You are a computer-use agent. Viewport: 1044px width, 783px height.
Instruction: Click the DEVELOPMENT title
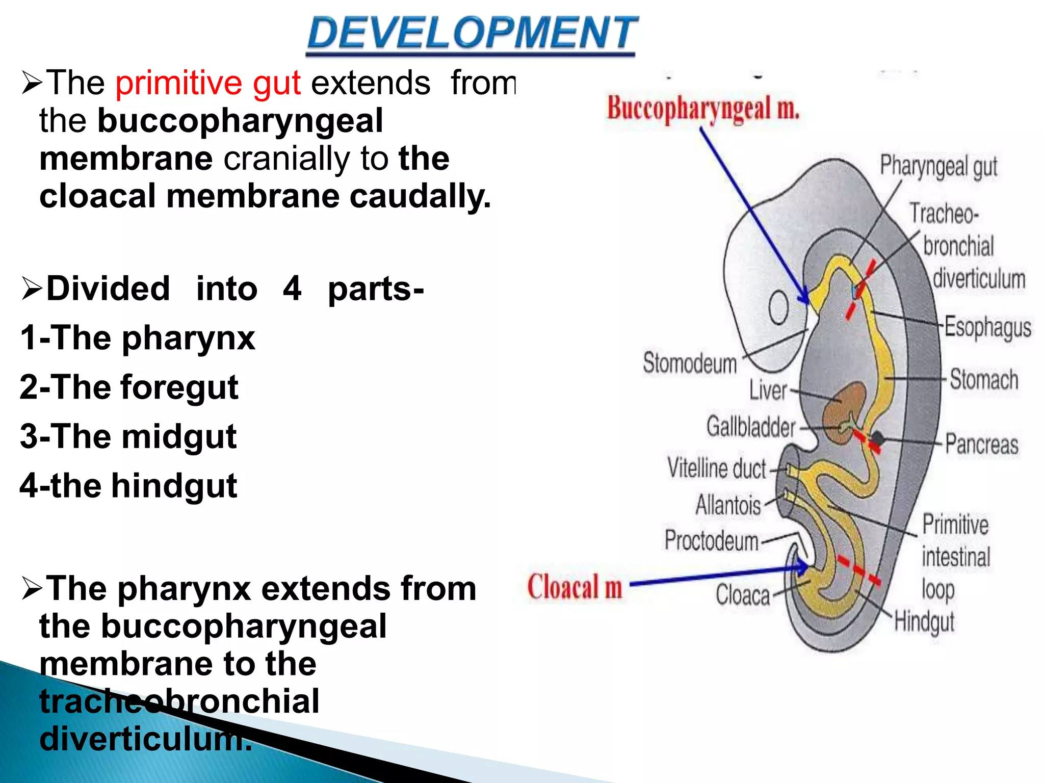pyautogui.click(x=472, y=33)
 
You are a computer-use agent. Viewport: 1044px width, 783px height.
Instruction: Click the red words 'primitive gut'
pyautogui.click(x=208, y=83)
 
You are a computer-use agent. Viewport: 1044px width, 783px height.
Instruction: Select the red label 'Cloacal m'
pyautogui.click(x=575, y=587)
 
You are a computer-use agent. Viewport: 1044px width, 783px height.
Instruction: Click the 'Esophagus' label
pyautogui.click(x=987, y=327)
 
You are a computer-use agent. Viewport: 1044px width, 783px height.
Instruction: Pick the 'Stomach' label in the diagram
pyautogui.click(x=984, y=380)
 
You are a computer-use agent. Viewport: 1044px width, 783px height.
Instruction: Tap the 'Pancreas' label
pyautogui.click(x=982, y=444)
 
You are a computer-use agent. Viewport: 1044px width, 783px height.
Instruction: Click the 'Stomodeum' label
pyautogui.click(x=690, y=363)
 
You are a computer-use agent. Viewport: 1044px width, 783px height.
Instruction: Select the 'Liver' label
pyautogui.click(x=768, y=391)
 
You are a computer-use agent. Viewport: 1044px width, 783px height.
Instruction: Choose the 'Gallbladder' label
pyautogui.click(x=751, y=427)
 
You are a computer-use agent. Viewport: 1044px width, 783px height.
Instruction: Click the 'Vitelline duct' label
pyautogui.click(x=717, y=468)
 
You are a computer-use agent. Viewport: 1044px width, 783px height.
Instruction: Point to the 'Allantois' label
pyautogui.click(x=728, y=506)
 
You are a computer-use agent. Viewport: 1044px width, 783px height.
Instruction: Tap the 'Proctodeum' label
pyautogui.click(x=712, y=541)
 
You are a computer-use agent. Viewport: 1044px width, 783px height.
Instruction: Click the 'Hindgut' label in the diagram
pyautogui.click(x=924, y=622)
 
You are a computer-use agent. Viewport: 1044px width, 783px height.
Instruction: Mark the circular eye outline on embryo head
pyautogui.click(x=778, y=308)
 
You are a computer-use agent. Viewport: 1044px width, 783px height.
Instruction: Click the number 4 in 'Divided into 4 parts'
pyautogui.click(x=292, y=289)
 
